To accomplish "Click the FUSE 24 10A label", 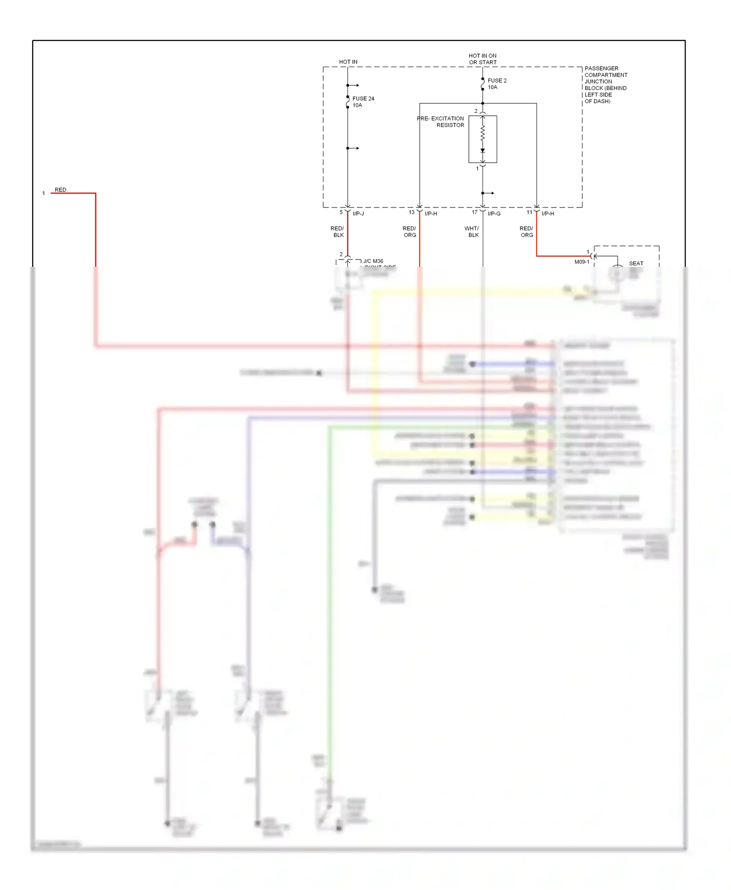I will point(363,102).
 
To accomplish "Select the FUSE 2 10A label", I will point(497,84).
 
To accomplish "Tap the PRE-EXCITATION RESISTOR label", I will point(441,122).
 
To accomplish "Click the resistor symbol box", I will point(482,139).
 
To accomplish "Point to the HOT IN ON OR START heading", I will point(482,59).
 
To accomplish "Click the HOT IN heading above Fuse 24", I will point(348,62).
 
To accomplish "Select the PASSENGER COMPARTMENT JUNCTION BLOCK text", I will point(606,85).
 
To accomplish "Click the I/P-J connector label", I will point(358,214).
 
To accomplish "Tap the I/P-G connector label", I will point(494,214).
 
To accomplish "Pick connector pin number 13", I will point(411,212).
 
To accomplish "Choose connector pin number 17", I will point(475,212).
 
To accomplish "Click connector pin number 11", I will point(529,212).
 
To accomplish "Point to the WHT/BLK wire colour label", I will point(472,232).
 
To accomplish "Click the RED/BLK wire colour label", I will point(337,232).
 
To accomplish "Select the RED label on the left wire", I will point(60,190).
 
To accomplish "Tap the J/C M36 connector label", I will point(373,261).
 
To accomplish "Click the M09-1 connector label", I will point(581,262).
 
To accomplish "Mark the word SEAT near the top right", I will point(636,263).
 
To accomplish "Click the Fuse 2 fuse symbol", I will point(482,84).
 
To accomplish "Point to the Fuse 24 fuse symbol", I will point(347,102).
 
